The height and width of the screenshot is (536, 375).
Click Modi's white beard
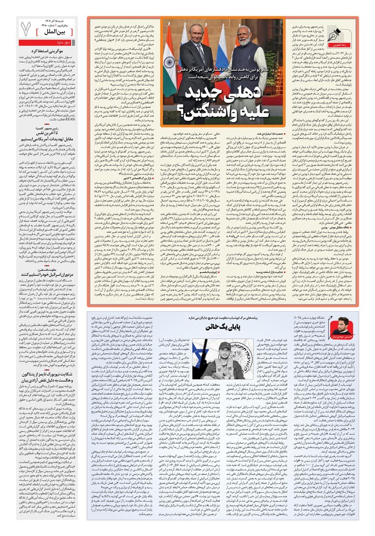pos(244,43)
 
